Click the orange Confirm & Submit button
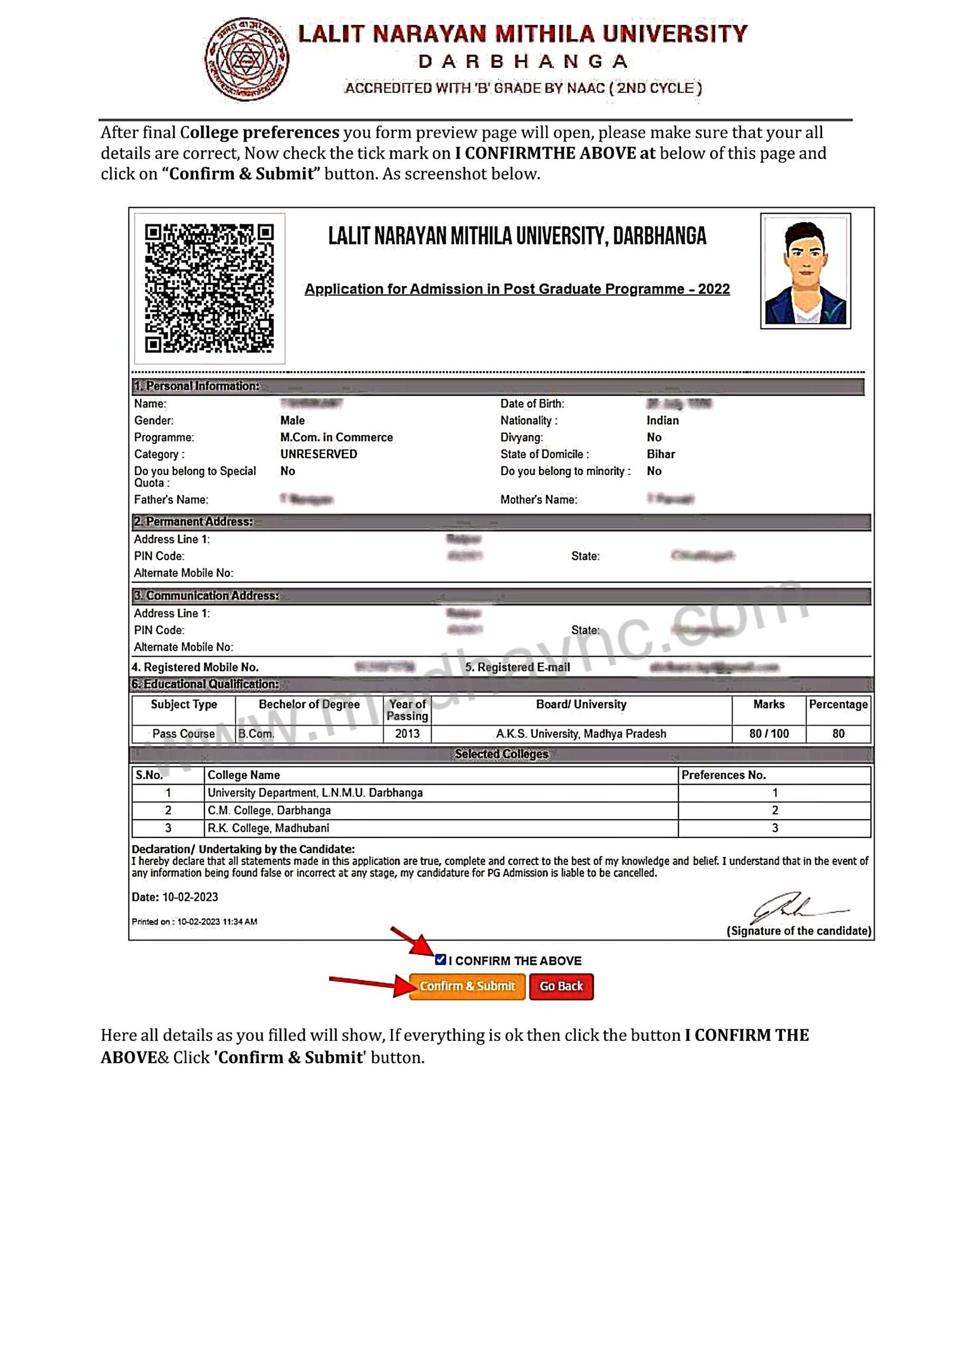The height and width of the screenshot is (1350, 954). coord(466,986)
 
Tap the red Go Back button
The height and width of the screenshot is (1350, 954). coord(561,986)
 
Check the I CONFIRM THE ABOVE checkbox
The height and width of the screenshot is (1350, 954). coord(441,960)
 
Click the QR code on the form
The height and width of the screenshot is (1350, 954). coord(209,288)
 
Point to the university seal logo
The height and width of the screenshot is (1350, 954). coord(246,59)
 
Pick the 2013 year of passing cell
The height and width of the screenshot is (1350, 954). coord(407,734)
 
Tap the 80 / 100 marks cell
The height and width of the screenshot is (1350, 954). coord(769,734)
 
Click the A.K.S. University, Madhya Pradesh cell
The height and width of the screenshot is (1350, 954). coord(581,734)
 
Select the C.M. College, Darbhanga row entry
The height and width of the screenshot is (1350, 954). coord(269,810)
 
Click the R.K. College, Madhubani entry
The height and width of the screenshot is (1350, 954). coord(268,828)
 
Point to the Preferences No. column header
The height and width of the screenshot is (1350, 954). coord(723,775)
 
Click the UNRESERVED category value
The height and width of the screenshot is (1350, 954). coord(318,454)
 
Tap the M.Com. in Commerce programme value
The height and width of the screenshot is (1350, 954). coord(336,437)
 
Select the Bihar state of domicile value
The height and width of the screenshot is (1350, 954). coord(661,454)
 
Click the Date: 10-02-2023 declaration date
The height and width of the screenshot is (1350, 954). coord(175,897)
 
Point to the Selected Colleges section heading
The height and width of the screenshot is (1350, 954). coord(501,754)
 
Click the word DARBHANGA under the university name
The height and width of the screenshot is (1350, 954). coord(522,61)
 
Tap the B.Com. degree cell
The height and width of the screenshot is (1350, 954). coord(256,734)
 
